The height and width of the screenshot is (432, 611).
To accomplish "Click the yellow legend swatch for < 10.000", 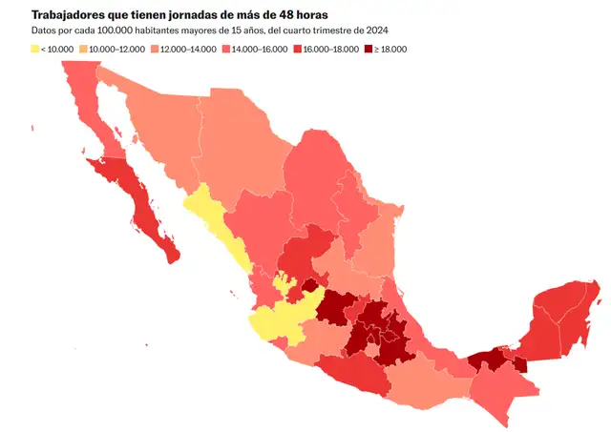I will pyautogui.click(x=35, y=49).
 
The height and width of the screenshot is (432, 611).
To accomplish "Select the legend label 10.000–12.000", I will pyautogui.click(x=115, y=49).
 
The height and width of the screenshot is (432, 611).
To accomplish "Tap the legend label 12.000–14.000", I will pyautogui.click(x=189, y=49).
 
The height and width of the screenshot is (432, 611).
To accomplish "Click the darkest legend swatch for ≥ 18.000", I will pyautogui.click(x=378, y=49).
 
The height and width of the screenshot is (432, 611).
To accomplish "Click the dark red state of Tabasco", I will pyautogui.click(x=487, y=360).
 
